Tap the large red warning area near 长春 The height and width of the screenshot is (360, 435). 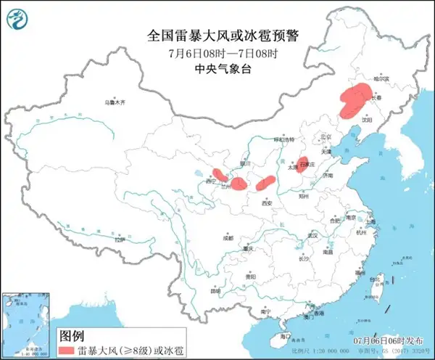352,102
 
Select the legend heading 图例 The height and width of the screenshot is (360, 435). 70,336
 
